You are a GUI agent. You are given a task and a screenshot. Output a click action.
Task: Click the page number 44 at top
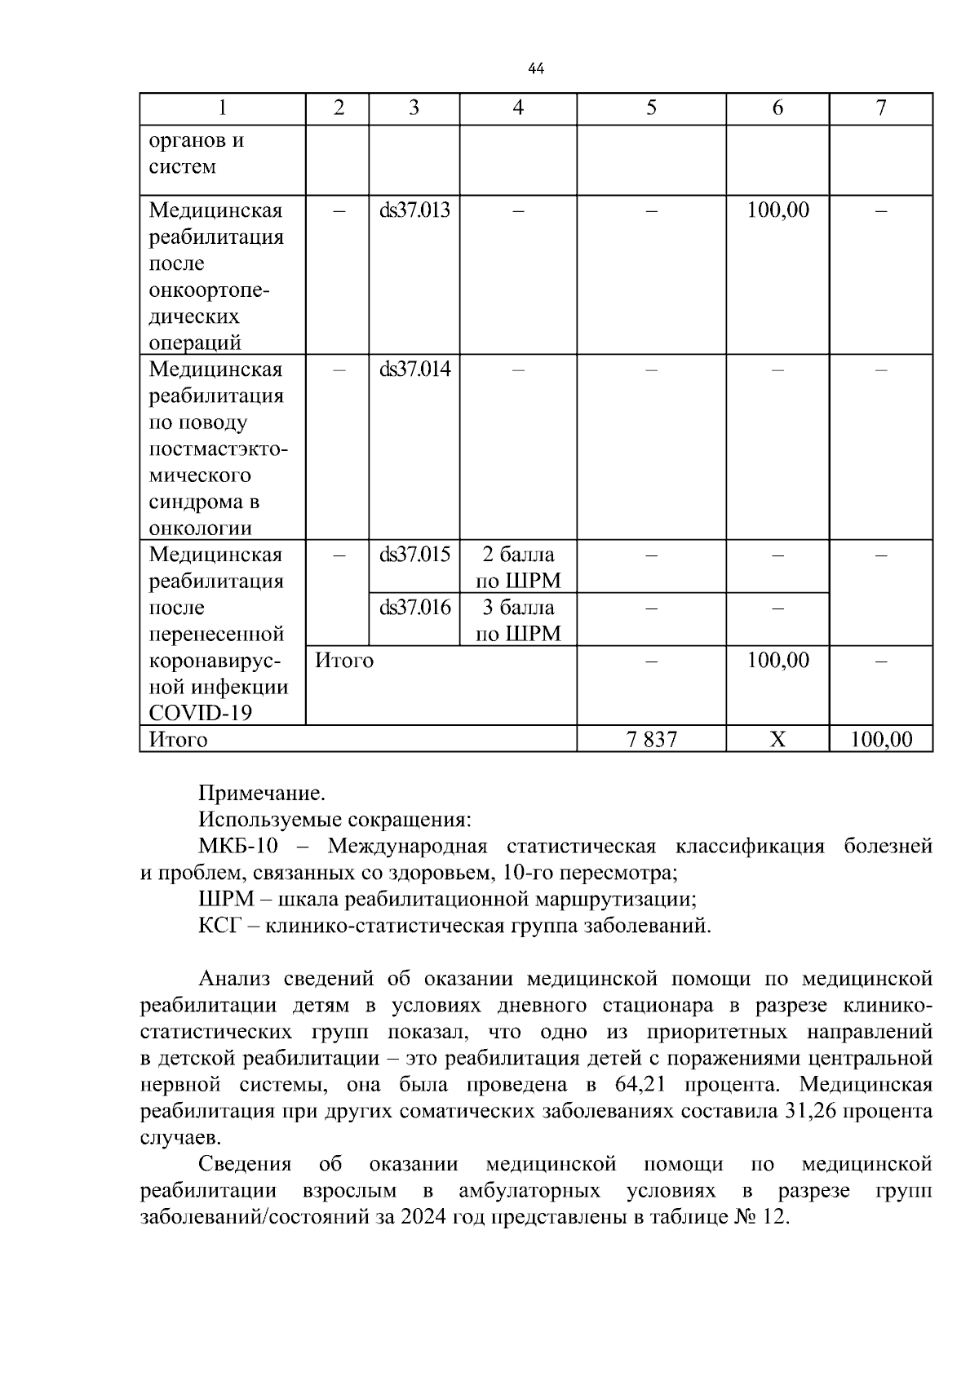click(536, 69)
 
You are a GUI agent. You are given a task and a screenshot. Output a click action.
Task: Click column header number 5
click(651, 108)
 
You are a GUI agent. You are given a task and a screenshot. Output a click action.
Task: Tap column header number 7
click(880, 108)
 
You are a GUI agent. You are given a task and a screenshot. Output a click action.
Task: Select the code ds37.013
click(414, 210)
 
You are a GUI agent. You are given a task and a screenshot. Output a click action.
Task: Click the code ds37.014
click(414, 369)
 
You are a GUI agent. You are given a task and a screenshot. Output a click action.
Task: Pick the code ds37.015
click(414, 555)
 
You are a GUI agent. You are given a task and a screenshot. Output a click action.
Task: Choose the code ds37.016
click(414, 608)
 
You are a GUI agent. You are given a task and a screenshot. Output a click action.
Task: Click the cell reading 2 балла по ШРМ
click(518, 568)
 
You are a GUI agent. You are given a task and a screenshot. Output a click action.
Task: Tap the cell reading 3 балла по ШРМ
click(518, 621)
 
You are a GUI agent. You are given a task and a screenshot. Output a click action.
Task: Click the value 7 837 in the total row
click(651, 740)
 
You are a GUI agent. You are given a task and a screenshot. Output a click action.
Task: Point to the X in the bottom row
click(777, 740)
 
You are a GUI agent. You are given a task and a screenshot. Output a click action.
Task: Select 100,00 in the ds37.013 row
click(777, 210)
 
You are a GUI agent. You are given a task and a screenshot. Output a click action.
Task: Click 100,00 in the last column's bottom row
click(880, 740)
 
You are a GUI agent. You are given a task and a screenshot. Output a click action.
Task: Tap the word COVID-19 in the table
click(200, 714)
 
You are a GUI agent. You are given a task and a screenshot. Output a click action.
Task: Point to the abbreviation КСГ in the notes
click(217, 927)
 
